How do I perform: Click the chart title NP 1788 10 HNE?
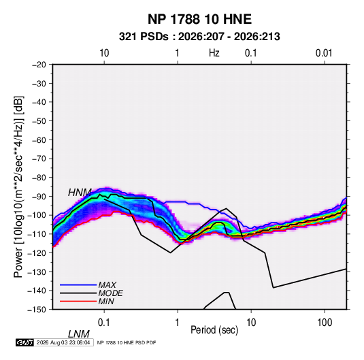(199, 19)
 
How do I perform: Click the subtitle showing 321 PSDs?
(199, 37)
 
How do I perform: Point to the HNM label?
(80, 193)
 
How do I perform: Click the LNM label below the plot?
(79, 334)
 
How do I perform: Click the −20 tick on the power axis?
(39, 65)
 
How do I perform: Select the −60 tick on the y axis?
(39, 140)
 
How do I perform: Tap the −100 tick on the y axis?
(37, 215)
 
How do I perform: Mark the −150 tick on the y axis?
(37, 310)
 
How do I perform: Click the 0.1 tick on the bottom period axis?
(104, 323)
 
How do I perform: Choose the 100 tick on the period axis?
(325, 323)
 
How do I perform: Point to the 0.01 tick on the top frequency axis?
(324, 53)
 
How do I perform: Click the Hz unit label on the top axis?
(214, 53)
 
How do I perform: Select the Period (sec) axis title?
(214, 330)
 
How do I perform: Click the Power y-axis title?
(18, 187)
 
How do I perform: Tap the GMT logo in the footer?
(24, 342)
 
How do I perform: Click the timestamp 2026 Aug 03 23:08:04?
(63, 342)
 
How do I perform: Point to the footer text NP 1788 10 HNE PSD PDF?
(127, 342)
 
